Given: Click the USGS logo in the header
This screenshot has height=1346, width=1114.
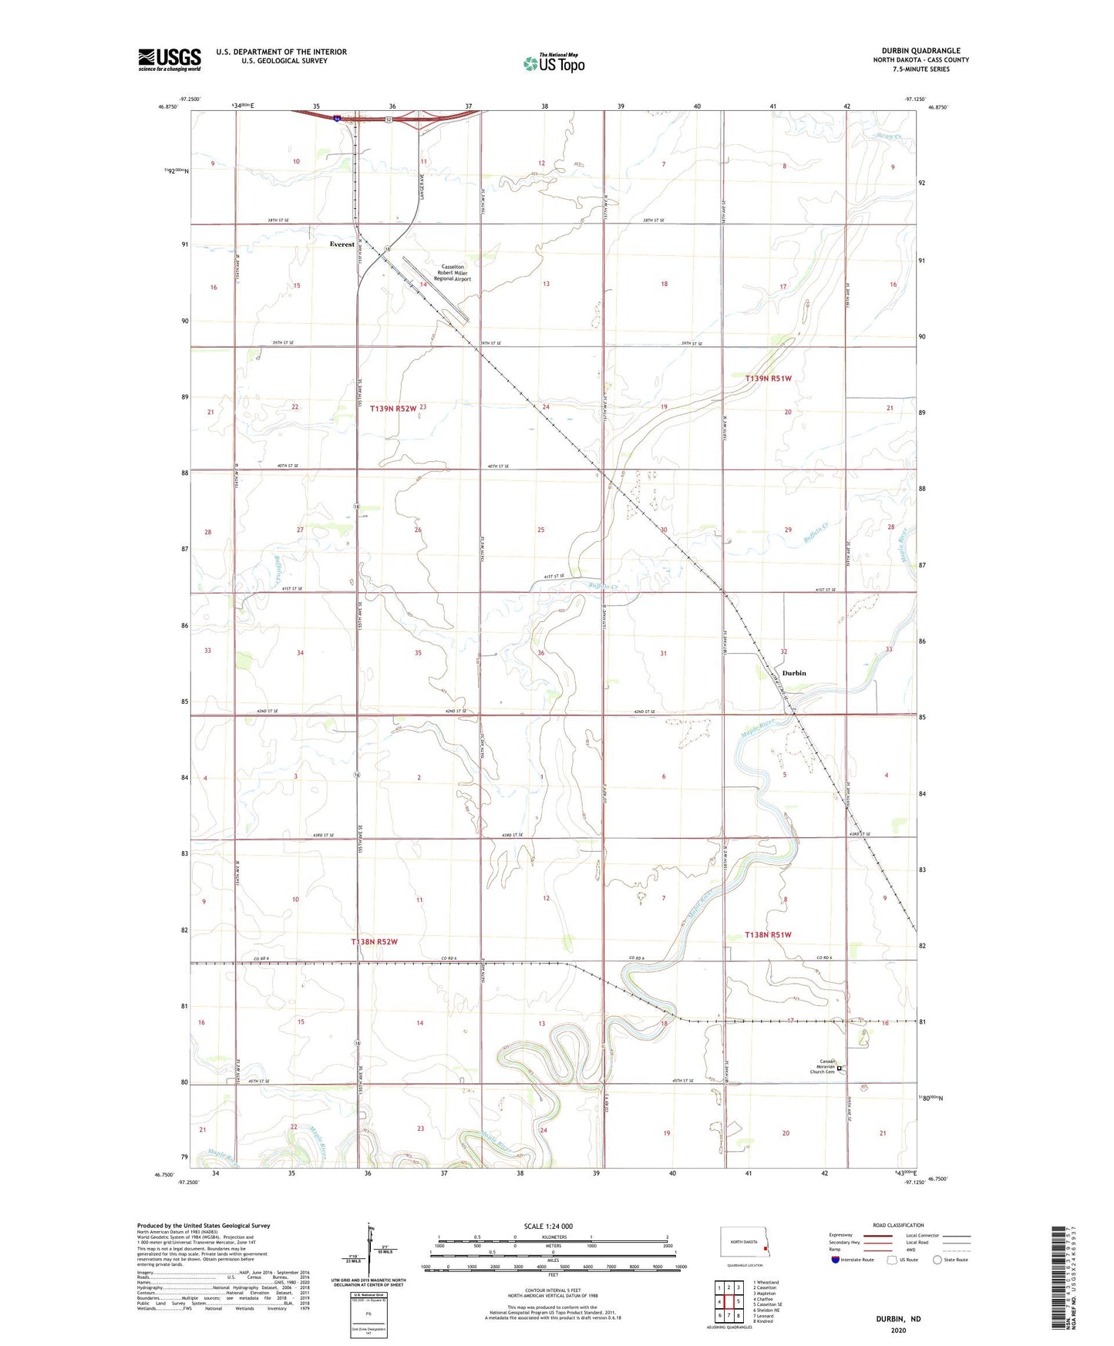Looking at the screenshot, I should [170, 59].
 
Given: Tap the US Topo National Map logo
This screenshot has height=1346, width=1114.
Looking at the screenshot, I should [554, 62].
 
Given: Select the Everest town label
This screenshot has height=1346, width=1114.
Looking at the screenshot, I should [342, 244].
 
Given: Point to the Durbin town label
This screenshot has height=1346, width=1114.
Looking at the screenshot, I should [793, 673].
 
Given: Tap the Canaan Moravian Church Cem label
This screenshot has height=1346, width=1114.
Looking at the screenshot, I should [822, 1068].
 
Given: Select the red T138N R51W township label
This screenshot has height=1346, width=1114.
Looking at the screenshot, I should [768, 934].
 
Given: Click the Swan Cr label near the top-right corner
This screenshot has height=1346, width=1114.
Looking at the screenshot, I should [888, 136].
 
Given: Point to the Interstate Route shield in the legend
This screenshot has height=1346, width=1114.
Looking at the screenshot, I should [836, 1260].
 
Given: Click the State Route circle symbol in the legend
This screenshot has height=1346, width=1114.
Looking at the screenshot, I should [937, 1260].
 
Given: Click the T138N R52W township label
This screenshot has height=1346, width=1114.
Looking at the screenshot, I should [374, 942].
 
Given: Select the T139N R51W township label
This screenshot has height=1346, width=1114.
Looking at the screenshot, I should [768, 379].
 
